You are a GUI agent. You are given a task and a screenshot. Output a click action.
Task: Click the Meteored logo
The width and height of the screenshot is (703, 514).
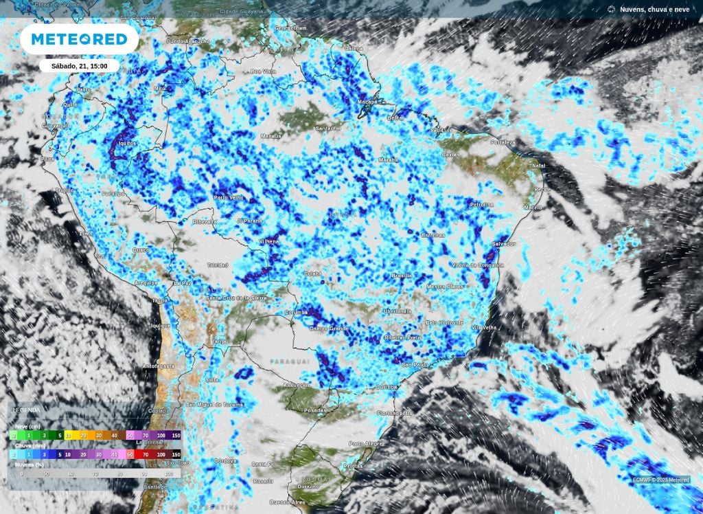click(79, 40)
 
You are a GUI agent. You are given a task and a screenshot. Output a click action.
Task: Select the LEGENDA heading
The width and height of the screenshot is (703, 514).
click(27, 410)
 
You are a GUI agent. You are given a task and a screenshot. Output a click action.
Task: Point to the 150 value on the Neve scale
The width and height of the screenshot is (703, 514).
click(176, 435)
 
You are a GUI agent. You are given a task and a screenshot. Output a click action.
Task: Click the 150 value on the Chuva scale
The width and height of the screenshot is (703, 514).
click(176, 454)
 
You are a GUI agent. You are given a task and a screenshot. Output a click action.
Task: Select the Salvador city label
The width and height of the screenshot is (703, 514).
click(505, 244)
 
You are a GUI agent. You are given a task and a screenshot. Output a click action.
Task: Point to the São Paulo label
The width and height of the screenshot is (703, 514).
click(416, 364)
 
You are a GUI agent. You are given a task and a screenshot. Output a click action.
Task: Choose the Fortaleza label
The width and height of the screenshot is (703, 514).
click(503, 142)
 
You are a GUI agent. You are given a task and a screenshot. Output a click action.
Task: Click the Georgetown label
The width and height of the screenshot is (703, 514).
click(290, 28)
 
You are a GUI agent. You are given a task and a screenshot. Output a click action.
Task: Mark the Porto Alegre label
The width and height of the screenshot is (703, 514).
click(365, 443)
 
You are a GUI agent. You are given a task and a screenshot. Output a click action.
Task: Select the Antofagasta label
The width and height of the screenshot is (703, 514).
click(159, 366)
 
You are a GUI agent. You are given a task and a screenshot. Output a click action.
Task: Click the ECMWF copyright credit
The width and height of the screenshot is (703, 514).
click(661, 480)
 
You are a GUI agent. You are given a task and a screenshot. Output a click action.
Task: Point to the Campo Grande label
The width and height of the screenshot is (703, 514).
click(330, 330)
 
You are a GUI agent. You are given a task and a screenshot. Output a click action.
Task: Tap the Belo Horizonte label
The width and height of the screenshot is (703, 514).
click(445, 322)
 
